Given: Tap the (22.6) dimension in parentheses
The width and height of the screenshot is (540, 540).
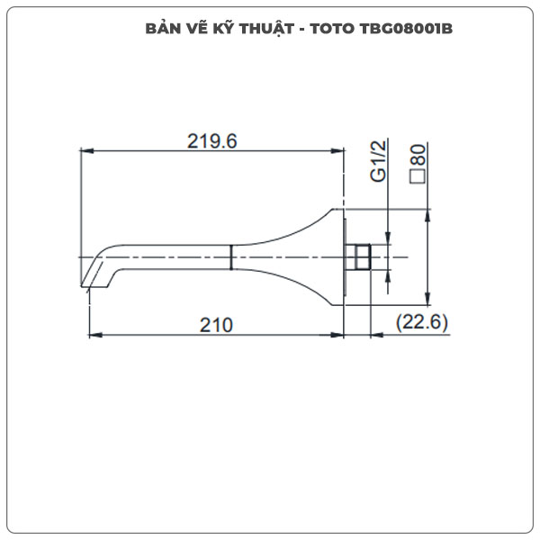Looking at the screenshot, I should tap(422, 324).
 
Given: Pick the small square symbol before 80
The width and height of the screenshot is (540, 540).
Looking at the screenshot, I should tap(418, 176).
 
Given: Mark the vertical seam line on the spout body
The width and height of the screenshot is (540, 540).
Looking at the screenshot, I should tap(232, 257).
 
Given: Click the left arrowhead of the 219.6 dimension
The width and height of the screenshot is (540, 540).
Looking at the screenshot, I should tap(87, 151).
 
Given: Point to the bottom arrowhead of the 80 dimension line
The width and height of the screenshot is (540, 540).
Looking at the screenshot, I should tap(428, 300).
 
